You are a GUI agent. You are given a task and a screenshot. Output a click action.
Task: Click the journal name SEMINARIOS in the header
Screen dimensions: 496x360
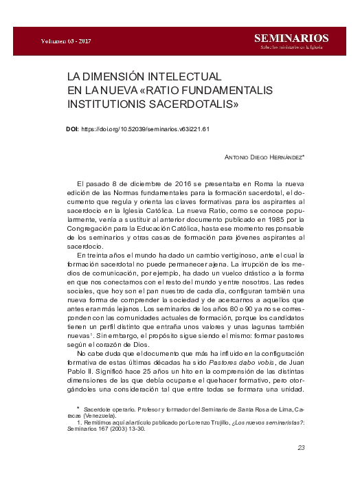(x=291, y=38)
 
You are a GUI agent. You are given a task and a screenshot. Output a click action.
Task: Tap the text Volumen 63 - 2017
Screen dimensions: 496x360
(x=62, y=41)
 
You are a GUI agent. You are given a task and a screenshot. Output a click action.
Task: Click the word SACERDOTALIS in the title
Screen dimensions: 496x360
(x=195, y=105)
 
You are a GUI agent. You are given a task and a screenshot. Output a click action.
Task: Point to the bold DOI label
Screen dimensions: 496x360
(x=72, y=128)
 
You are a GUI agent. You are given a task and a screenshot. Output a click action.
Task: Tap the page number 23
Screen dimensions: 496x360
(x=300, y=447)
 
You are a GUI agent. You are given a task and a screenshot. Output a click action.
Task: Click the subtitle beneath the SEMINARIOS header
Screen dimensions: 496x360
(x=291, y=47)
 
